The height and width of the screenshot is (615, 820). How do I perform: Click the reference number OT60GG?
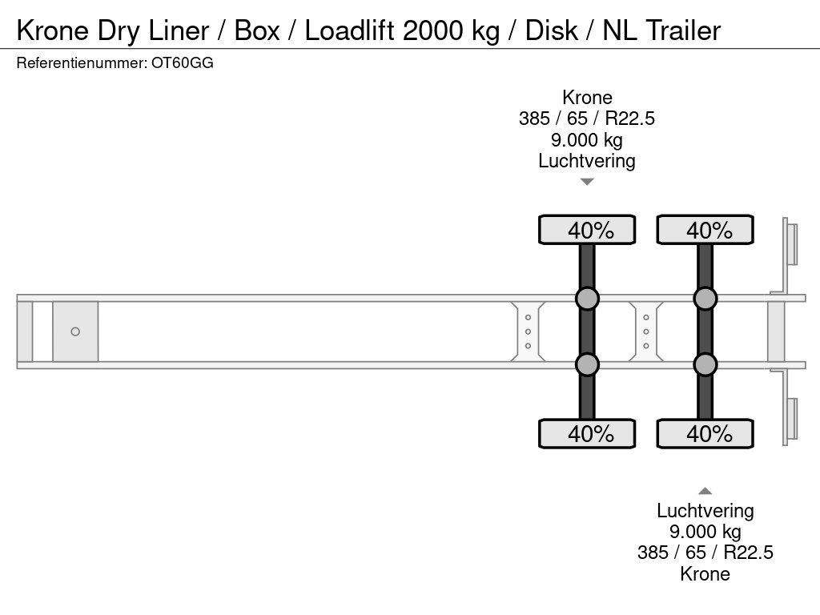tap(183, 63)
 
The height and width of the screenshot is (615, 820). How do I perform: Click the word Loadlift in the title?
tap(349, 30)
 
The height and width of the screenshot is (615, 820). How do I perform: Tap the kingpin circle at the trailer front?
tap(75, 332)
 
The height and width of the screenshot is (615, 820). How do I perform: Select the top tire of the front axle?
tap(587, 229)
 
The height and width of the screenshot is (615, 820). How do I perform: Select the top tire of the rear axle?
tap(705, 229)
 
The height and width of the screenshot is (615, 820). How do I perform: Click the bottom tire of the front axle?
tap(587, 433)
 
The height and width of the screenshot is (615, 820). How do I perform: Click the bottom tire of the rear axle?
tap(705, 433)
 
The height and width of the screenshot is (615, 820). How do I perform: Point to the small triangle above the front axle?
tap(587, 182)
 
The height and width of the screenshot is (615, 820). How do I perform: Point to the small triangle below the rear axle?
tap(705, 491)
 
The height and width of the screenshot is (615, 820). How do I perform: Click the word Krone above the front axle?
tap(587, 97)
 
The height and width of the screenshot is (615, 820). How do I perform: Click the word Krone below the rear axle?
tap(705, 573)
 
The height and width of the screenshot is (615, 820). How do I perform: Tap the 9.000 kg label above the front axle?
tap(587, 139)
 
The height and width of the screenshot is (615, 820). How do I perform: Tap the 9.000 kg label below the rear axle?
tap(705, 532)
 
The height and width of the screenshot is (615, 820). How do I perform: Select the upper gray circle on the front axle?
tap(587, 299)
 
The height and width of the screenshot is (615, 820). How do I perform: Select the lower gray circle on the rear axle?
tap(705, 364)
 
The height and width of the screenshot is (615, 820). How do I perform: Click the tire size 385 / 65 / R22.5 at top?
tap(587, 119)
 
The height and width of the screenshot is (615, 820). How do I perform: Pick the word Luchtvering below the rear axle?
tap(705, 510)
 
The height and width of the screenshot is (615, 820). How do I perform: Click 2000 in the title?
tap(432, 30)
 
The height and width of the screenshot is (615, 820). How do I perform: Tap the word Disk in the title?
tap(551, 30)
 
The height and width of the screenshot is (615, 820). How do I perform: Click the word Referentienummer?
tap(82, 63)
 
